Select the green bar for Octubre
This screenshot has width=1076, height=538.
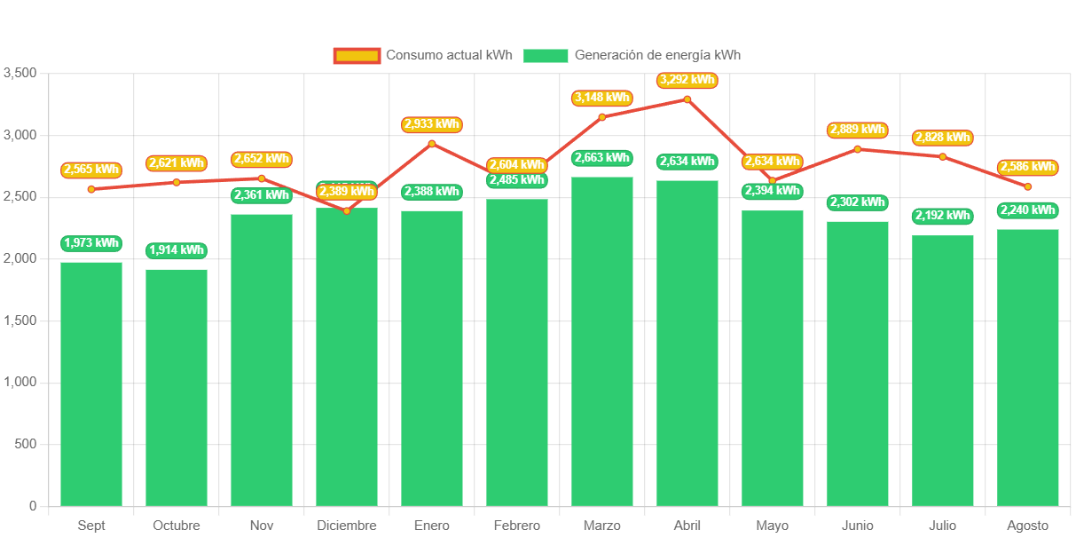[177, 387]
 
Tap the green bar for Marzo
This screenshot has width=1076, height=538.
[602, 341]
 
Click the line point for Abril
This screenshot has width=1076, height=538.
[687, 99]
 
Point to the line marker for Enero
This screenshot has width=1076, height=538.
[432, 144]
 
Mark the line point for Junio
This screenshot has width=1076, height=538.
[858, 149]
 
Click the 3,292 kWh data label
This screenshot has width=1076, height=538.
[687, 80]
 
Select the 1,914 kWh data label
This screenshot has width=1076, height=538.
[177, 250]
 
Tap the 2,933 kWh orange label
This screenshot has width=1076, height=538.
[432, 124]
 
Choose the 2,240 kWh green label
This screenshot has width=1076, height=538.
[1028, 210]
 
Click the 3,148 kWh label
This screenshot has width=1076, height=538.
[602, 98]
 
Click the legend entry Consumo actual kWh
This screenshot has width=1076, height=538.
[423, 55]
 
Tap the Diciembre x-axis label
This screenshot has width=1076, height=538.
[347, 526]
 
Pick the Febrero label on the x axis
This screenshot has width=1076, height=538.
[517, 526]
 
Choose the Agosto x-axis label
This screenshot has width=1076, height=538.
[1028, 526]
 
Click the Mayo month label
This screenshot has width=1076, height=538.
[773, 526]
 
